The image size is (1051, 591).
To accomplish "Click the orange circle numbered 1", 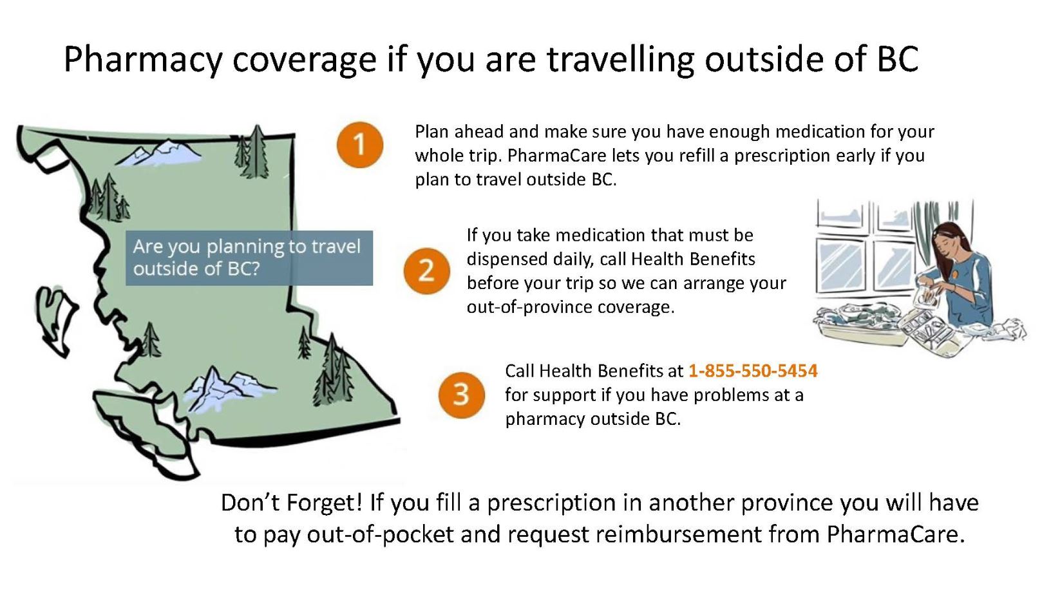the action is (360, 144).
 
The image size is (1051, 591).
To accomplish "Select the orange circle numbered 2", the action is (426, 270).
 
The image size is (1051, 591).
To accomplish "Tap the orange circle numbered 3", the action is (461, 395).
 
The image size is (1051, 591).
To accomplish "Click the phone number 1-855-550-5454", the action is (753, 371).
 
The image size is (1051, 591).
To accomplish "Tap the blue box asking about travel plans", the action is (249, 258).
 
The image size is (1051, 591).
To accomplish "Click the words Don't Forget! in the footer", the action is (291, 502).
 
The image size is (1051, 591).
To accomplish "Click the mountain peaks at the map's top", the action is (159, 153).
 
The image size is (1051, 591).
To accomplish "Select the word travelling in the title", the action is (620, 60).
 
